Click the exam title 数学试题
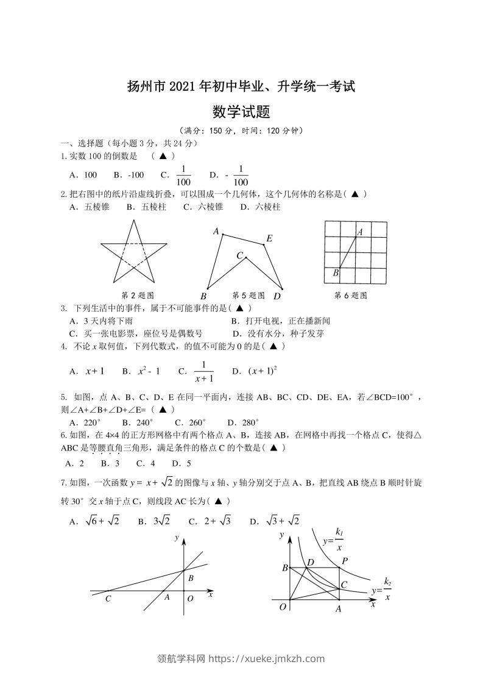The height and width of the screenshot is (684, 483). pyautogui.click(x=241, y=112)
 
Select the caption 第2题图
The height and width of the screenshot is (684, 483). pyautogui.click(x=136, y=296)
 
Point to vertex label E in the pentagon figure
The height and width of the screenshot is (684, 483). pyautogui.click(x=269, y=238)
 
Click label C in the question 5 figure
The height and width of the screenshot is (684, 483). pyautogui.click(x=240, y=256)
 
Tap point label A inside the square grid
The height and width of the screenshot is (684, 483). pyautogui.click(x=360, y=232)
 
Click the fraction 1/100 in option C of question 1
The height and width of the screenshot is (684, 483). pyautogui.click(x=183, y=175)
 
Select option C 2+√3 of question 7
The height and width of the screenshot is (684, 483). pyautogui.click(x=210, y=521)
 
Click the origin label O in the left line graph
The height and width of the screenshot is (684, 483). pyautogui.click(x=190, y=599)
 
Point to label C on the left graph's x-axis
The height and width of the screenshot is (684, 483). pyautogui.click(x=108, y=599)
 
